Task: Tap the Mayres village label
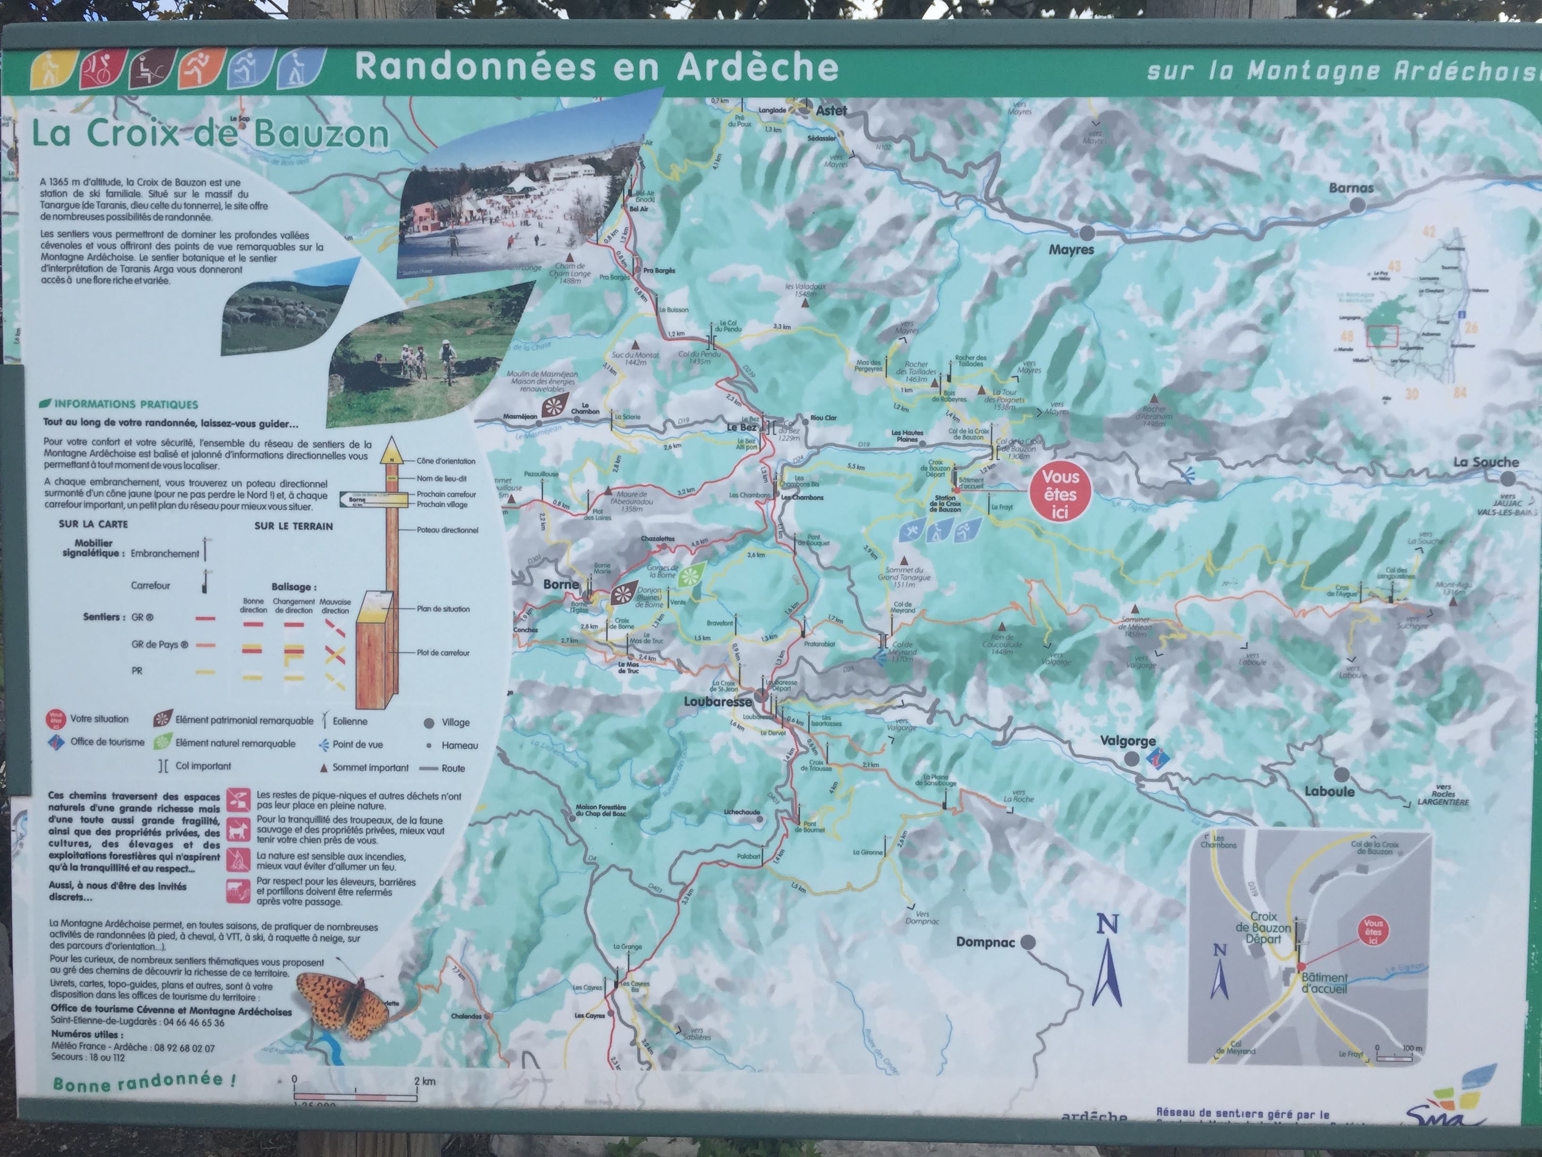1071,249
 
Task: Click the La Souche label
1485,462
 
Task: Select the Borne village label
560,585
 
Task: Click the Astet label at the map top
831,110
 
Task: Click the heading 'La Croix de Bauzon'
210,134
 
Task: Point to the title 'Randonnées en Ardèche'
596,67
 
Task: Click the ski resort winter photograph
523,202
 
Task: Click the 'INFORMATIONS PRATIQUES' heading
126,405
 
